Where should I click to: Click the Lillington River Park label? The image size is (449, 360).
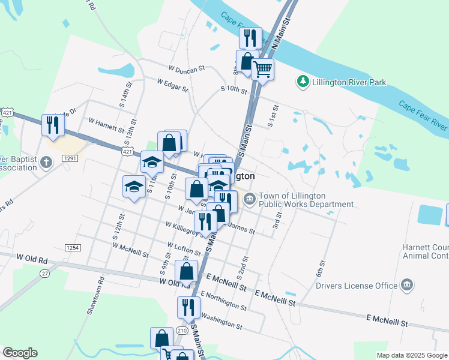[348, 82]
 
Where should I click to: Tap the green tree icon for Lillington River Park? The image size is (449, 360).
[303, 81]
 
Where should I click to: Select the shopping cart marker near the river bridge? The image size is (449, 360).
[262, 70]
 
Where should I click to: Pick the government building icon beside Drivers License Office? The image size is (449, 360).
[406, 284]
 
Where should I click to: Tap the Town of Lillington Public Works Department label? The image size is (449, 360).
[306, 200]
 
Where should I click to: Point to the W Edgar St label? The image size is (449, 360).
[173, 84]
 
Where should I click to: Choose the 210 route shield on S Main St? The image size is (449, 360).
[182, 331]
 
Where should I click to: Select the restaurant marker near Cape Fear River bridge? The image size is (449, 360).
[250, 38]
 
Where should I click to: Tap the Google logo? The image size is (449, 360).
[20, 353]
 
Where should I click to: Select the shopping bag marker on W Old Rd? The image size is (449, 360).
[186, 271]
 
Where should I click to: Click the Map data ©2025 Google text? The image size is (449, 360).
[412, 355]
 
